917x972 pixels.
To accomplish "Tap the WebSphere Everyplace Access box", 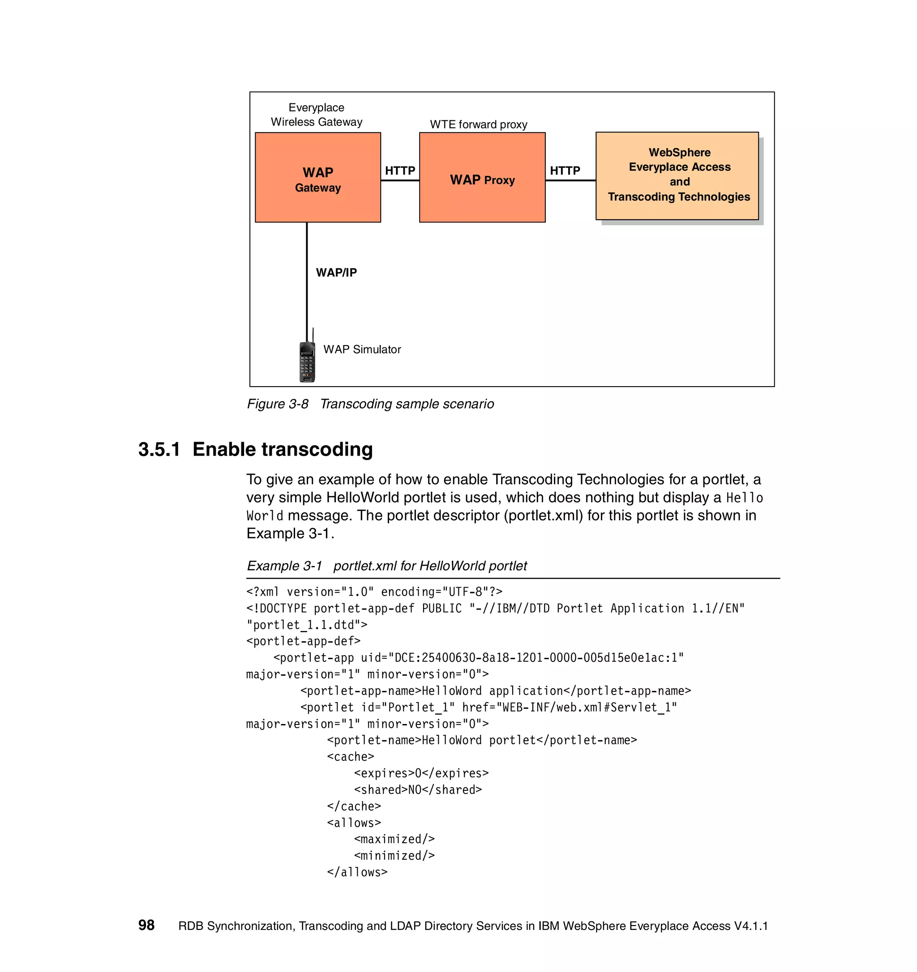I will (x=677, y=175).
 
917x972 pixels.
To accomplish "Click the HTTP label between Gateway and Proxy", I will (x=399, y=171).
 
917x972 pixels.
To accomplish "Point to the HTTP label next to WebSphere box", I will (x=565, y=171).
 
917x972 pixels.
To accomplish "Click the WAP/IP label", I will (x=336, y=273).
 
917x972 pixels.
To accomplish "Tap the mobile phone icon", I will (x=307, y=362).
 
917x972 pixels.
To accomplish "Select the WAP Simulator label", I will (x=362, y=349).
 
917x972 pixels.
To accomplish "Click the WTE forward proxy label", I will (x=478, y=124).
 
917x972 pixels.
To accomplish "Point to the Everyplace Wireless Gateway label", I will (x=317, y=115).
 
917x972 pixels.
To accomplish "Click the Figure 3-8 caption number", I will (x=277, y=404).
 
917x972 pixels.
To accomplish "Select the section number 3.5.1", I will (x=159, y=449).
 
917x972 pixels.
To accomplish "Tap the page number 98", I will (x=146, y=925).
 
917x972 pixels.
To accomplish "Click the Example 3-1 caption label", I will (x=284, y=566).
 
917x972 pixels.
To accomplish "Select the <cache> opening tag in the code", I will (x=350, y=756).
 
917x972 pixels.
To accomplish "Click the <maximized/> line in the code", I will (x=394, y=839).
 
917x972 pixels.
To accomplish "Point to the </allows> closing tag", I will (x=357, y=872).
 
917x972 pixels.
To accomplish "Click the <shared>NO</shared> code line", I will (x=418, y=789).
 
